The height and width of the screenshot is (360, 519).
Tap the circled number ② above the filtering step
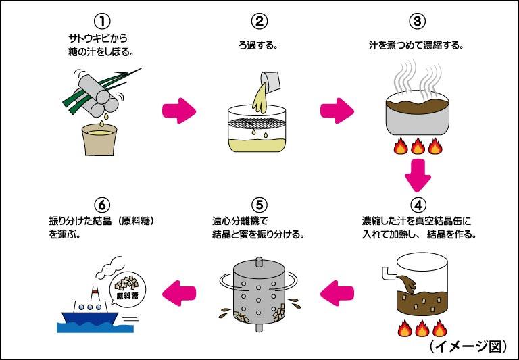[259, 21]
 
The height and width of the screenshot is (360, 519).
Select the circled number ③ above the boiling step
[418, 21]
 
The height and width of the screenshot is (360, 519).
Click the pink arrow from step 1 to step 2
[179, 109]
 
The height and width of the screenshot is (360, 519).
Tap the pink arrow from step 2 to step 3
[338, 109]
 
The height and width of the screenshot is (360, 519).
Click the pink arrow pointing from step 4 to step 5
[338, 293]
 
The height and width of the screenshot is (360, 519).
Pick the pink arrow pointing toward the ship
[179, 293]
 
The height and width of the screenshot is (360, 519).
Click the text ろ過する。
[259, 47]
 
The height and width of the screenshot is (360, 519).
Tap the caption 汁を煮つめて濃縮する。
[418, 47]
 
